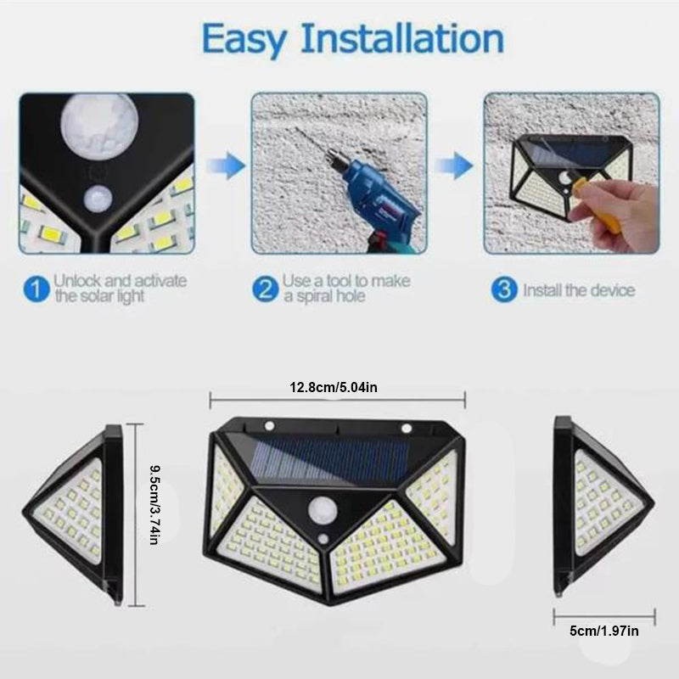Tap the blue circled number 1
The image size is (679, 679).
coord(35,289)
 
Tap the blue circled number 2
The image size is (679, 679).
coord(266,289)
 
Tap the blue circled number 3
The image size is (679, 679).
coord(504,289)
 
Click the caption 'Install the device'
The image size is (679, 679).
coord(578,290)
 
